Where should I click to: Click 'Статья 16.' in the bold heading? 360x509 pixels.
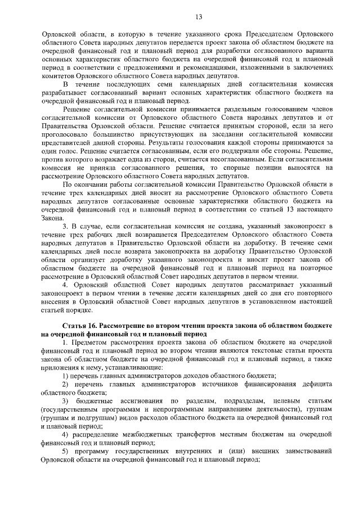click(83, 326)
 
